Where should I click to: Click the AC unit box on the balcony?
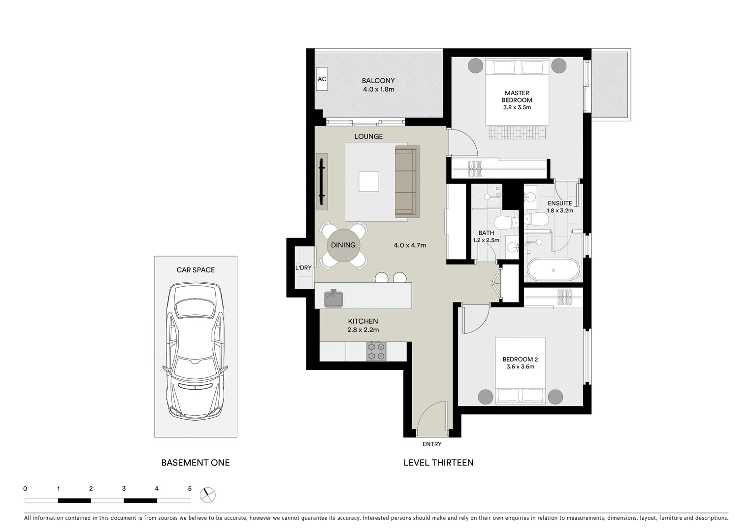click(x=322, y=79)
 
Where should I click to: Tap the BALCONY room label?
click(x=378, y=81)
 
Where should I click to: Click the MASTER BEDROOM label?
click(x=517, y=97)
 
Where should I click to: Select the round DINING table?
click(x=343, y=245)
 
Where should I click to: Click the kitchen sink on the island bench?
click(x=333, y=299)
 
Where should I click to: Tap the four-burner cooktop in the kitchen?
click(x=376, y=351)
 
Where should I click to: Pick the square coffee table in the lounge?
click(x=369, y=181)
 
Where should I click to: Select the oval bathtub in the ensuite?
click(x=554, y=270)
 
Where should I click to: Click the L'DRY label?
click(x=303, y=267)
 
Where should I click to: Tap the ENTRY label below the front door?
click(x=432, y=444)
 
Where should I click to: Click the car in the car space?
click(x=196, y=351)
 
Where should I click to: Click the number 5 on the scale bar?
click(x=190, y=489)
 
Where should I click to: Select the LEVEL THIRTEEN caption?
click(x=438, y=463)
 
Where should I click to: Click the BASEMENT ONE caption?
click(x=196, y=463)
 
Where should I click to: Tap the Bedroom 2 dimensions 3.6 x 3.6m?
click(x=520, y=366)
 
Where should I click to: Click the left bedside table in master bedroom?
click(x=475, y=66)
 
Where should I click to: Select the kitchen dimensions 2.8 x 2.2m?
click(x=363, y=330)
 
